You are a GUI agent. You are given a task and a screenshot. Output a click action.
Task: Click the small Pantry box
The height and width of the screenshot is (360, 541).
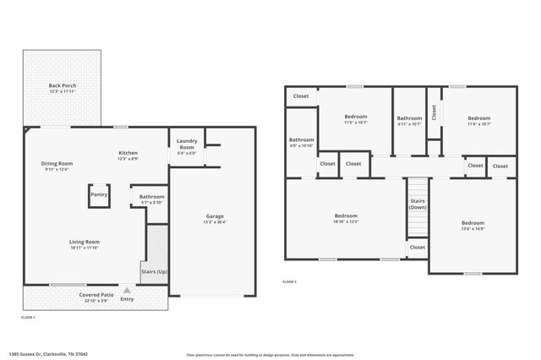pos(99,194)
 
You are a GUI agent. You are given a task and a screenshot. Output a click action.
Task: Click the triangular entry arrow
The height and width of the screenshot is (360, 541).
pos(127,289)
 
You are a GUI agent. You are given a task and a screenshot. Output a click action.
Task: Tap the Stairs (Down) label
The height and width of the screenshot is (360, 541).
pos(418,204)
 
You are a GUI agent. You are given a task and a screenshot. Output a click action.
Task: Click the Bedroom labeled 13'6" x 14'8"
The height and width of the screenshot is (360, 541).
pos(473,225)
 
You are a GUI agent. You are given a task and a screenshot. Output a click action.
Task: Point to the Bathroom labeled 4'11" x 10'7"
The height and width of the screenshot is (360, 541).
pos(409,121)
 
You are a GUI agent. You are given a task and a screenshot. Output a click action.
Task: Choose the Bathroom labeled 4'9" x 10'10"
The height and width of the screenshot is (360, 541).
pos(301,142)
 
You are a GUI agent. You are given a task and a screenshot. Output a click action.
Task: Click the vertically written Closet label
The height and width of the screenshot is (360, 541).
pos(434,112)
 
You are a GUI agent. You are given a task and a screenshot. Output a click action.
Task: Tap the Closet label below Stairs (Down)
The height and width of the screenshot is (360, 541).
pos(418,248)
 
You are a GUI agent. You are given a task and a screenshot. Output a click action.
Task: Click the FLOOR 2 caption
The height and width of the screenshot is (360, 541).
pos(289,281)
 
